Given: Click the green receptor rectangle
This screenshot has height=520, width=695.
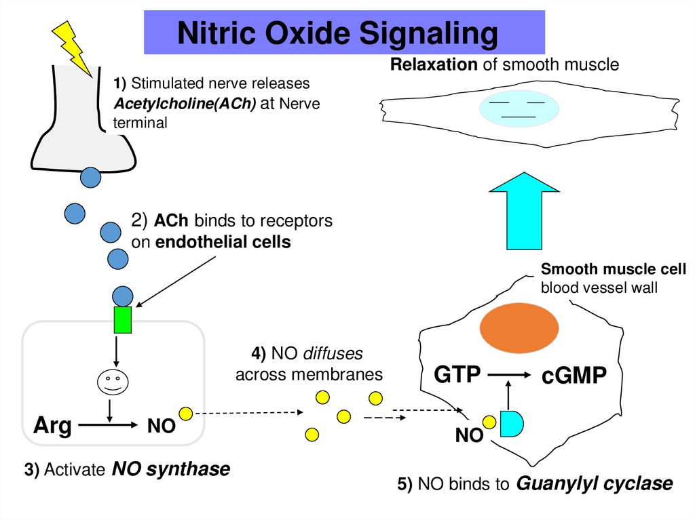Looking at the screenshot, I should tap(122, 320).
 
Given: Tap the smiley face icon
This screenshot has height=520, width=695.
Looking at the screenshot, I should tap(111, 382).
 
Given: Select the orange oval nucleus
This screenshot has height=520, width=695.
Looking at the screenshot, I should tap(515, 328).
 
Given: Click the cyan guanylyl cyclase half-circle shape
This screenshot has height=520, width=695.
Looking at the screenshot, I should tap(511, 423).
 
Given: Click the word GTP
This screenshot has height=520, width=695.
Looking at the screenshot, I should tap(457, 375).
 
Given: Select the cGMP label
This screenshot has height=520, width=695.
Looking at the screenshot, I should tap(574, 376).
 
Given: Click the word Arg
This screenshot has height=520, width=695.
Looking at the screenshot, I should tap(52, 426).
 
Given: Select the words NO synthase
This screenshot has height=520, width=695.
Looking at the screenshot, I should tap(170, 468).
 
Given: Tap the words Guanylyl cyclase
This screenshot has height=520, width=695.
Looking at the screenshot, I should tap(594, 483).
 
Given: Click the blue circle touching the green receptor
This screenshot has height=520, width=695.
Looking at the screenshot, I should tap(122, 296).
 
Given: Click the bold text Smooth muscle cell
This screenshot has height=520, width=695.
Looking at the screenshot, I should tap(613, 269).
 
